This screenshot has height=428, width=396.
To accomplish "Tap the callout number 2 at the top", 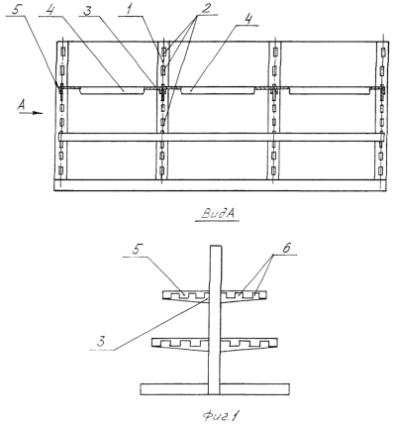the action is click(206, 9).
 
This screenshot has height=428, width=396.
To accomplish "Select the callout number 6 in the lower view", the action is click(286, 249).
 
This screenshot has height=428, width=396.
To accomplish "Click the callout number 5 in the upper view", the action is click(17, 9).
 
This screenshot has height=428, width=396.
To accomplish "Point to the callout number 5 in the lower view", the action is click(136, 250).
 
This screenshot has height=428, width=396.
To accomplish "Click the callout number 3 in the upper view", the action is click(87, 10).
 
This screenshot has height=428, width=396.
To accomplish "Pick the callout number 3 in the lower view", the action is click(101, 342).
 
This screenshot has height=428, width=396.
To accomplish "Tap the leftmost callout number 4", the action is click(49, 10).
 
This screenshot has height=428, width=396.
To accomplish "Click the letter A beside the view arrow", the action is click(22, 105).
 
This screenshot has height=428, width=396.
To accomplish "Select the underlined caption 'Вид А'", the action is click(218, 214).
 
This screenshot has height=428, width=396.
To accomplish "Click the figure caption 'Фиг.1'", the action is click(220, 415).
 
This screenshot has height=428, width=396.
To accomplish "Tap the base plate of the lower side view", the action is click(215, 389).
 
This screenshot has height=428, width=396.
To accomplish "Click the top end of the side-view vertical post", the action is click(216, 246).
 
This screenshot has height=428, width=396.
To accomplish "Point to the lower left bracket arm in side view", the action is click(181, 344).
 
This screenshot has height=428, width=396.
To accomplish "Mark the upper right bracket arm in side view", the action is click(244, 295).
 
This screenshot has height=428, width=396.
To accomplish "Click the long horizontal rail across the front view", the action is click(221, 138).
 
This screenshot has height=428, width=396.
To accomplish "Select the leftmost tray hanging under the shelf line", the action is click(112, 91).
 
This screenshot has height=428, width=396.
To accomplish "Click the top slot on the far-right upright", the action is click(383, 53).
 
